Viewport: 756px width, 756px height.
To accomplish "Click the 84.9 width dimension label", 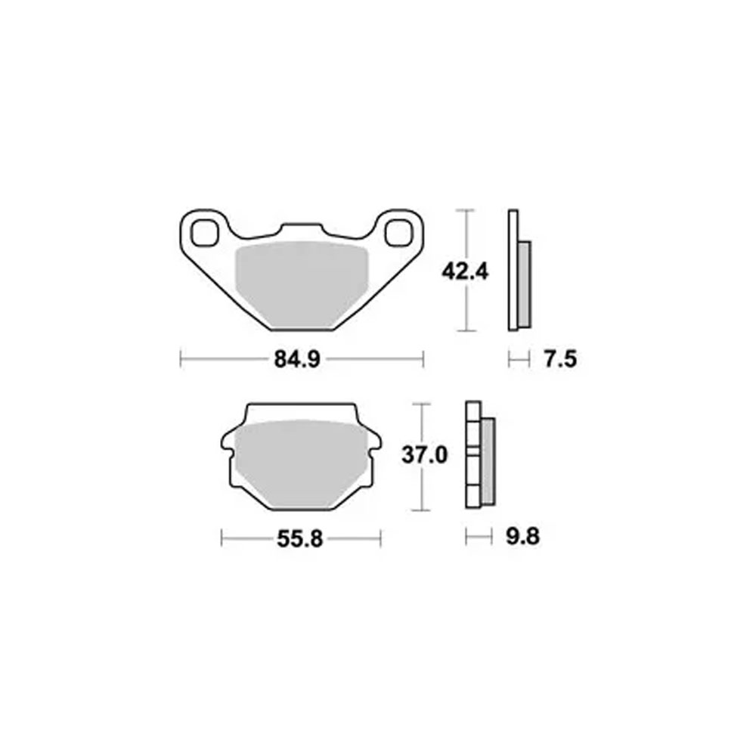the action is (297, 359).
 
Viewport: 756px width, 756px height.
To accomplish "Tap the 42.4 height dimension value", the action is (465, 272).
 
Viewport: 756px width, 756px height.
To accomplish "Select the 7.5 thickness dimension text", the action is (560, 359).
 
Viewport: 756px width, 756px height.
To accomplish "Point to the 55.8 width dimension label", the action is (299, 538).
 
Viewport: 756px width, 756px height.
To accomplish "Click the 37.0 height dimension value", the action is (424, 454).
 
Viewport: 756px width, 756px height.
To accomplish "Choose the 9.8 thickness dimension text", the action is (522, 536).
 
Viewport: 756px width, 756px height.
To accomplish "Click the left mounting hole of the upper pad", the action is (205, 233).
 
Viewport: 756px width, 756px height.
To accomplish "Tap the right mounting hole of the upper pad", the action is (398, 233).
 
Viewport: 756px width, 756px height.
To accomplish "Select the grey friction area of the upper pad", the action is (301, 284).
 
